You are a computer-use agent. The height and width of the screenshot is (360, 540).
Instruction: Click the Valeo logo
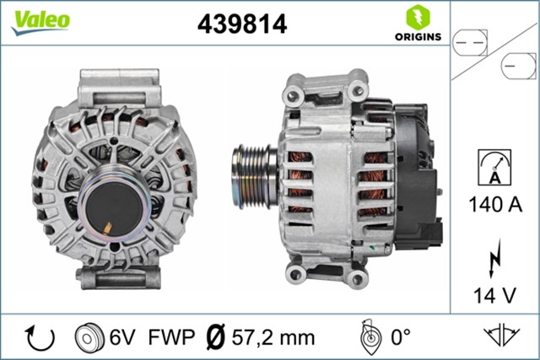(x=40, y=21)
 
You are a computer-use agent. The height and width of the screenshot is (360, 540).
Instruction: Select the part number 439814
(x=242, y=24)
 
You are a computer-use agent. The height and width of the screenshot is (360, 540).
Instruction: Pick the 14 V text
(x=495, y=295)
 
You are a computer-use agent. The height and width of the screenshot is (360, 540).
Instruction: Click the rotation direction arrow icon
(x=40, y=338)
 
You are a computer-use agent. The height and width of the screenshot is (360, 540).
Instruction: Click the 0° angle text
(x=398, y=338)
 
